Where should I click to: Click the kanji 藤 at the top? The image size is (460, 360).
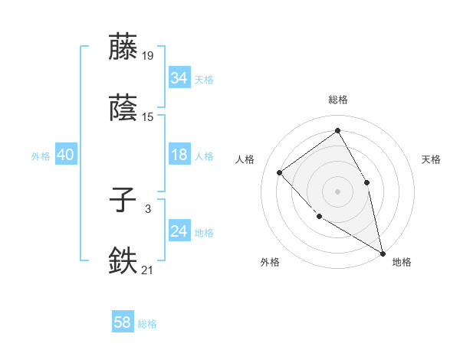click(x=124, y=47)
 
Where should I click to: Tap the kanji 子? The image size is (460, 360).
click(x=124, y=202)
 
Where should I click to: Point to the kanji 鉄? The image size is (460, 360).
click(x=124, y=261)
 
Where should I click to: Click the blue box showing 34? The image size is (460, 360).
click(x=179, y=78)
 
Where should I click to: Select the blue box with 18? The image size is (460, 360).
click(x=179, y=155)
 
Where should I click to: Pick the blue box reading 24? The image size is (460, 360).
click(x=179, y=232)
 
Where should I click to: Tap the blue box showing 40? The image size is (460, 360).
click(x=65, y=155)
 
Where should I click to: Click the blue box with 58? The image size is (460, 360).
click(x=123, y=323)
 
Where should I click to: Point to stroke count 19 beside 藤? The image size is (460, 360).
click(x=148, y=56)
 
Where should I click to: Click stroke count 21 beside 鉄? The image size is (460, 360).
click(x=148, y=270)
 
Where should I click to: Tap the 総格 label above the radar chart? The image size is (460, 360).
click(x=337, y=100)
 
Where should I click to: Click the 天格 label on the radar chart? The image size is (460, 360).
click(x=431, y=159)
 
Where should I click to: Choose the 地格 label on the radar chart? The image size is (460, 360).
click(x=402, y=262)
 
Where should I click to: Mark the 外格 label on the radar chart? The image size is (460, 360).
click(x=270, y=262)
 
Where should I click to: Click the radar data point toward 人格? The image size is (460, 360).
click(x=280, y=172)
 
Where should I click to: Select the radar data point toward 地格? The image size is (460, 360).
click(x=383, y=253)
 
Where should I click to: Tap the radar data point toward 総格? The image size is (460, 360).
click(x=337, y=130)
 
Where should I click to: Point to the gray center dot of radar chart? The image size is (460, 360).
click(x=337, y=191)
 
